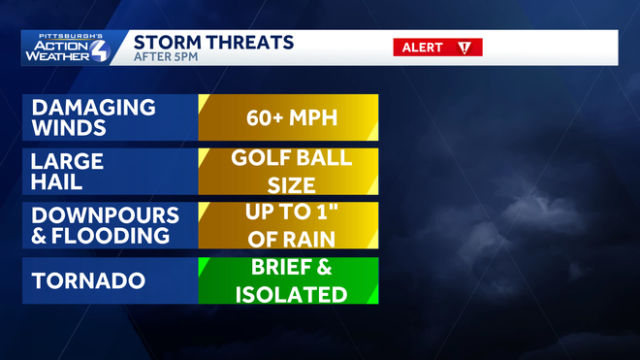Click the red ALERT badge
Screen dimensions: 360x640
437,48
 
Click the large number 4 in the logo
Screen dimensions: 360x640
100,49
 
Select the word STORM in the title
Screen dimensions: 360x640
165,42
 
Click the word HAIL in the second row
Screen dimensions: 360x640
55,181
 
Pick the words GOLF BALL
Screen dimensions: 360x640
290,158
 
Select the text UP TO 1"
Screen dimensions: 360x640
289,213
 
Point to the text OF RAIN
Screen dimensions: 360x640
289,237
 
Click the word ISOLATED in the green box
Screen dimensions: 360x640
289,293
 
